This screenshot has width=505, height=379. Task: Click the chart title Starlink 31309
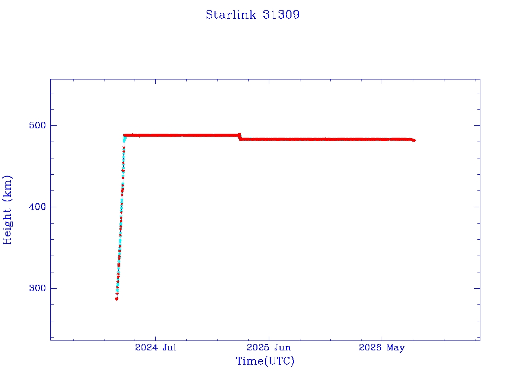tap(252, 15)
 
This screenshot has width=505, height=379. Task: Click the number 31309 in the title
tap(281, 15)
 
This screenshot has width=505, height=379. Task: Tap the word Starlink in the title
tap(231, 15)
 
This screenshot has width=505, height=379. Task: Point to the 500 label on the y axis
tap(37, 125)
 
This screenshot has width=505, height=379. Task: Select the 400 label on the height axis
tap(37, 207)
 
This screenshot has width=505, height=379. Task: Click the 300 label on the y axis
tap(37, 288)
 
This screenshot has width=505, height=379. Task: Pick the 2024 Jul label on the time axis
tap(155, 347)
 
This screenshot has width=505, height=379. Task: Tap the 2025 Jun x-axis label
tap(269, 347)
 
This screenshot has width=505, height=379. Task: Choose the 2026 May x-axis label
tap(382, 348)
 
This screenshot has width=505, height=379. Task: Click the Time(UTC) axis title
tap(265, 361)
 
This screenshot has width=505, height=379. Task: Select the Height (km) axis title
tap(7, 210)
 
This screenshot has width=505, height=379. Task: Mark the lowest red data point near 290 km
tap(116, 299)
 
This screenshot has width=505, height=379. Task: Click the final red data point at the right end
tap(414, 141)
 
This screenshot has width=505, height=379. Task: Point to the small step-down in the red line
tap(240, 137)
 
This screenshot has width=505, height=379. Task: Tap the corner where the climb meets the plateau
tap(124, 135)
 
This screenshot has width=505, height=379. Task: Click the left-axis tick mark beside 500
tap(53, 125)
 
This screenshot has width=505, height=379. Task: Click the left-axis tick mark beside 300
tap(53, 288)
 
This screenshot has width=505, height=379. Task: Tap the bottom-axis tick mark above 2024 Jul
tap(155, 338)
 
